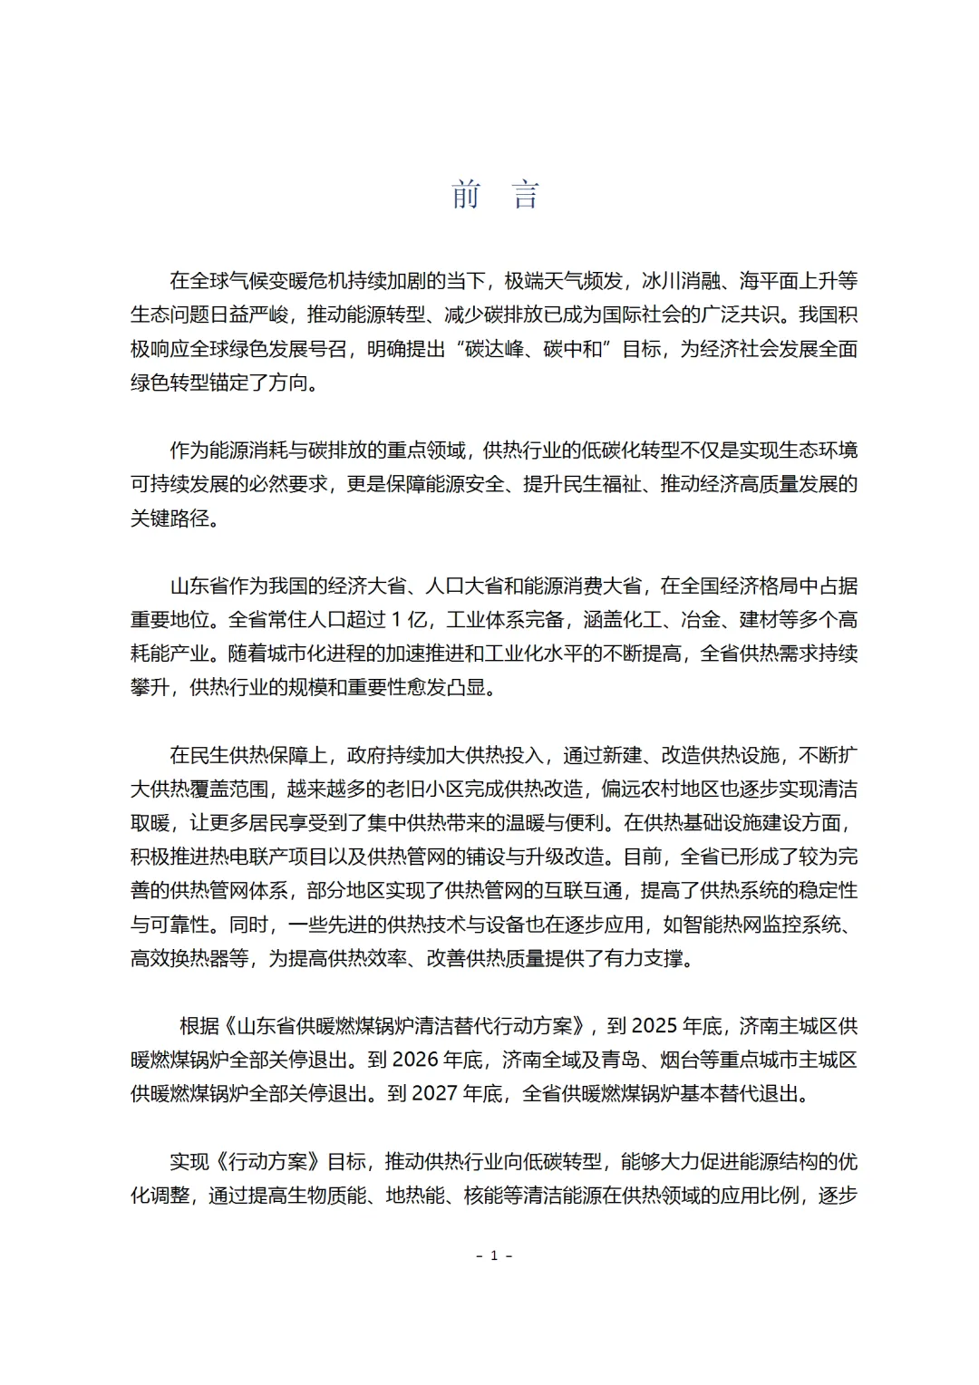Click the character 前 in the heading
click(x=466, y=195)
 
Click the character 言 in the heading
click(x=526, y=195)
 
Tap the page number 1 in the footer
click(x=494, y=1255)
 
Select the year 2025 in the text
click(x=655, y=1025)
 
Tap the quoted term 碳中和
click(x=574, y=349)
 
